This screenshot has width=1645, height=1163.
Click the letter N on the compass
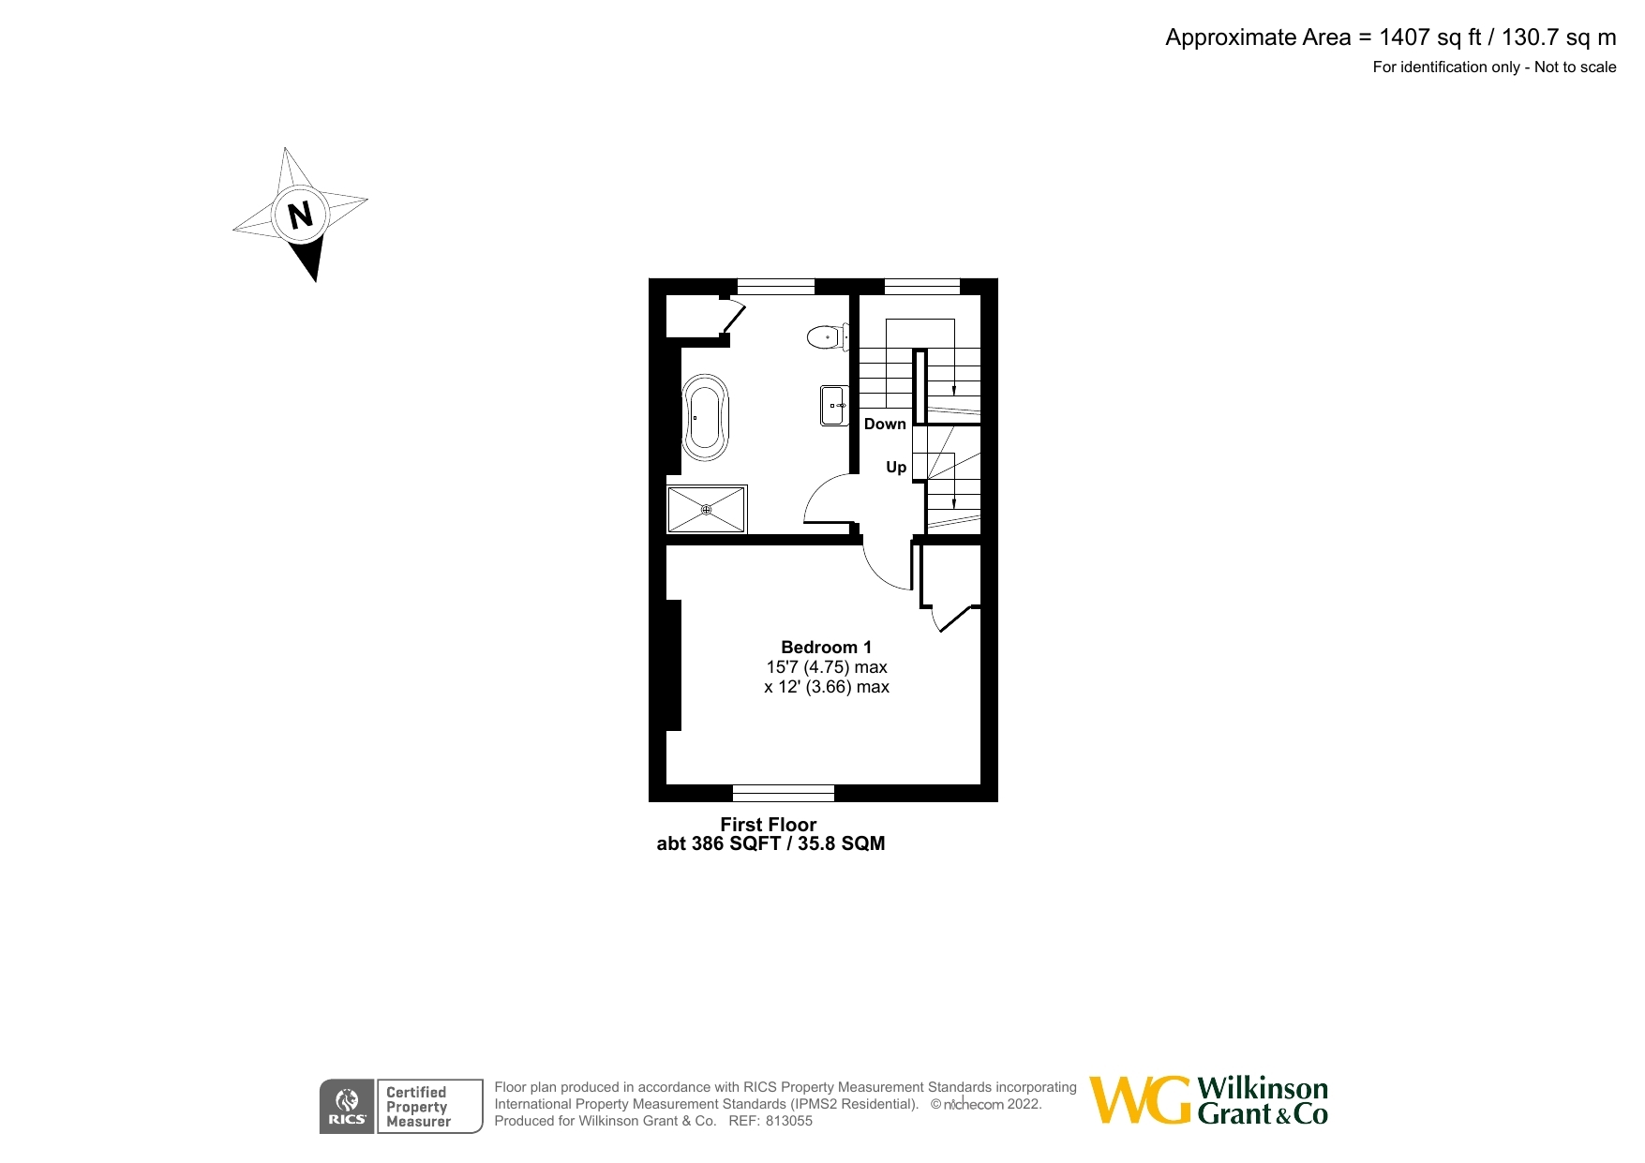click(x=300, y=216)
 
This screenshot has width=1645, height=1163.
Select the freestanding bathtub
click(x=705, y=418)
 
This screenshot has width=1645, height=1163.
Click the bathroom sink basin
click(x=833, y=406)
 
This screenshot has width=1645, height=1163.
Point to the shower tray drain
click(x=707, y=510)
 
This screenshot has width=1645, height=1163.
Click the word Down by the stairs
click(x=885, y=425)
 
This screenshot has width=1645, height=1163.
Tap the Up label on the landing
click(x=896, y=467)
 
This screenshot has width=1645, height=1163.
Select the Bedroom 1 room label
click(x=826, y=648)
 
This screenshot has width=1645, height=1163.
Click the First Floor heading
click(x=768, y=825)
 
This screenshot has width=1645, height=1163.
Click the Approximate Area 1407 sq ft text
click(x=1390, y=37)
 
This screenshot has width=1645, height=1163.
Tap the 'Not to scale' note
click(x=1575, y=67)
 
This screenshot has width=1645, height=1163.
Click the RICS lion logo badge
click(x=347, y=1107)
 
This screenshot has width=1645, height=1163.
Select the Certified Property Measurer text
click(x=418, y=1107)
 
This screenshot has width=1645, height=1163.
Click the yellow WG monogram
click(x=1140, y=1100)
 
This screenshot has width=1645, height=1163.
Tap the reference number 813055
click(x=789, y=1121)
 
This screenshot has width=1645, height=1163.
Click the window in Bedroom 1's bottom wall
click(x=783, y=794)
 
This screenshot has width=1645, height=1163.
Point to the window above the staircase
click(x=921, y=286)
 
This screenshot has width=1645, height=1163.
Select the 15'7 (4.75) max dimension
click(x=826, y=667)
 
